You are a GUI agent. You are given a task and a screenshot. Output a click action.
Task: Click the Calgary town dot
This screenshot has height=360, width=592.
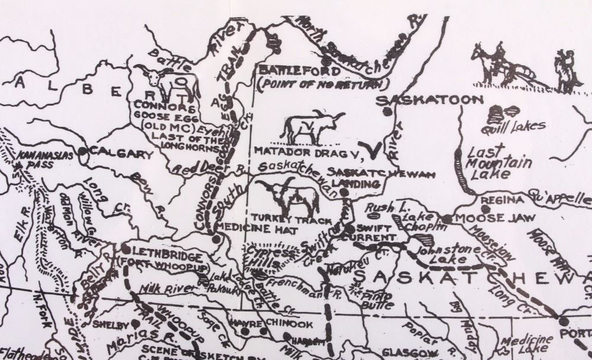tap(83, 152)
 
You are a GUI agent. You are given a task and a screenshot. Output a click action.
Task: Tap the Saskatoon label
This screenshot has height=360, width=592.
tap(421, 100)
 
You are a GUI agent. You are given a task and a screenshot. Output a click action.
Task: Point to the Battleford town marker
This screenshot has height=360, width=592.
tap(326, 60)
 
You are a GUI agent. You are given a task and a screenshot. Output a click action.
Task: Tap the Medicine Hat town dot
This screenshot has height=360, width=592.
tap(216, 239)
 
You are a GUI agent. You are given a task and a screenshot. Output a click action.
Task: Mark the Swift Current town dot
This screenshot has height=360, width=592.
tap(351, 228)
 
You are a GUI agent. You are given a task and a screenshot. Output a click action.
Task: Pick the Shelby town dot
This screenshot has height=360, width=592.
tap(136, 323)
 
